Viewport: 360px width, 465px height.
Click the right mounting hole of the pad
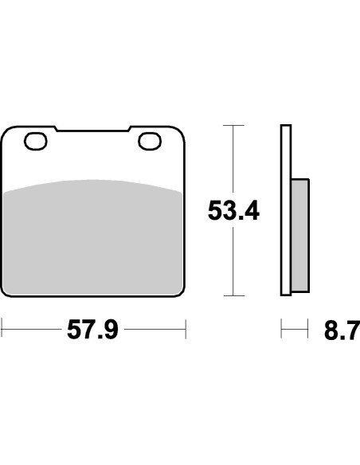[149, 143]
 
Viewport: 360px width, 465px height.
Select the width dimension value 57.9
[92, 328]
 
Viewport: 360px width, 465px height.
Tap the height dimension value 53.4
[234, 212]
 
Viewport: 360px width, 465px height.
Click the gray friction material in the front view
[92, 239]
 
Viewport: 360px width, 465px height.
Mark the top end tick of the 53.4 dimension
[233, 126]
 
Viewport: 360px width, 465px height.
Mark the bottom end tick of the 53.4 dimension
[233, 295]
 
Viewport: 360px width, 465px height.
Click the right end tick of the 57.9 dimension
[185, 328]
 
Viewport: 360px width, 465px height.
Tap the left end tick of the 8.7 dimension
[280, 328]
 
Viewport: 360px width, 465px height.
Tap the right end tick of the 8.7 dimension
[307, 328]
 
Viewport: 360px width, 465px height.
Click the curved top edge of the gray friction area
[92, 180]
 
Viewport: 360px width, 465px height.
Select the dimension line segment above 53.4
[233, 159]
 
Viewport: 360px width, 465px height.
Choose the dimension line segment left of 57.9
[32, 328]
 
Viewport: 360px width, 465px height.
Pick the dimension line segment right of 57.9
[155, 328]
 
